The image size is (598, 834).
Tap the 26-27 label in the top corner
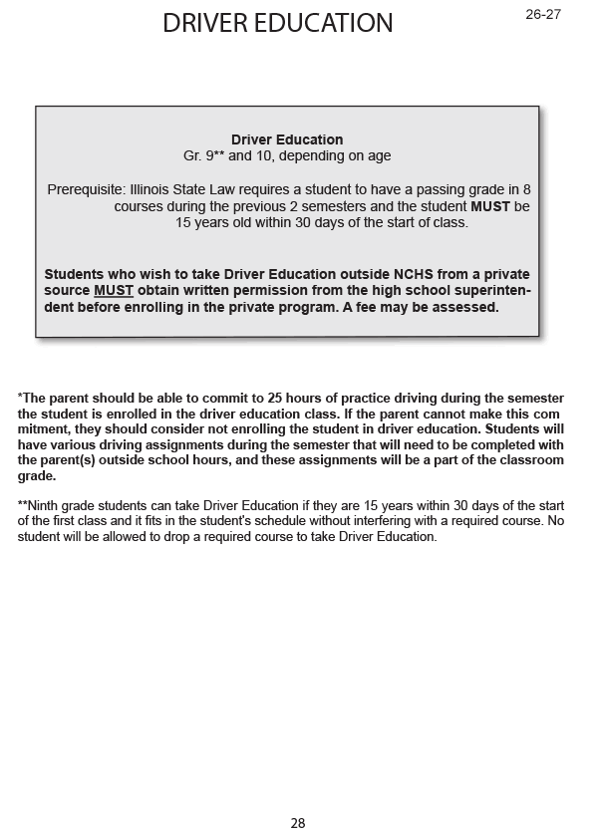[543, 14]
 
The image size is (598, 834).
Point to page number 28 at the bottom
[298, 823]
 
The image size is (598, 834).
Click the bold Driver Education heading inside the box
[287, 140]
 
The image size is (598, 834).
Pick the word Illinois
[152, 189]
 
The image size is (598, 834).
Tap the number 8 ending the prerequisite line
[527, 189]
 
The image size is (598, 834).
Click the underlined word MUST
[114, 291]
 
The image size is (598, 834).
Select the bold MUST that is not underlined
[490, 206]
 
